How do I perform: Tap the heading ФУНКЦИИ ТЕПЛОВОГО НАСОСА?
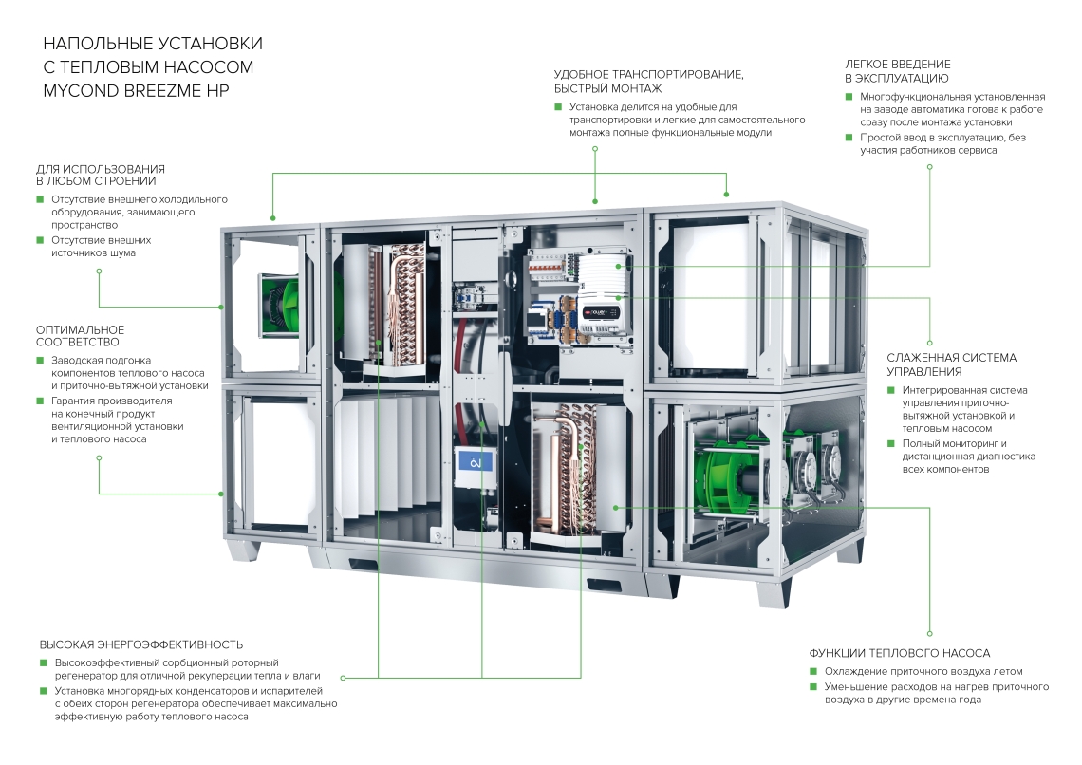point(900,653)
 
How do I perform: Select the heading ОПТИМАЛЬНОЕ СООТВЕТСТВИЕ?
point(79,335)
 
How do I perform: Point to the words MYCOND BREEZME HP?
point(137,90)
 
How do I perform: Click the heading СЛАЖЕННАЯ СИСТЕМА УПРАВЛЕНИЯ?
point(951,364)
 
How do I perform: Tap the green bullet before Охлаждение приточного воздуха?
point(813,671)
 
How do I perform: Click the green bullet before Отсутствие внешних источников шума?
point(40,240)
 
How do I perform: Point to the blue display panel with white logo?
point(474,465)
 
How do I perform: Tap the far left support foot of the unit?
point(241,550)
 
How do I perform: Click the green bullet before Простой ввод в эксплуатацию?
point(849,138)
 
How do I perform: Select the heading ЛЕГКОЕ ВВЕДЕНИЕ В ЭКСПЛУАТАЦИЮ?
point(897,71)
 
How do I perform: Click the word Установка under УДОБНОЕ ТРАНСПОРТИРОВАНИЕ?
point(594,107)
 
